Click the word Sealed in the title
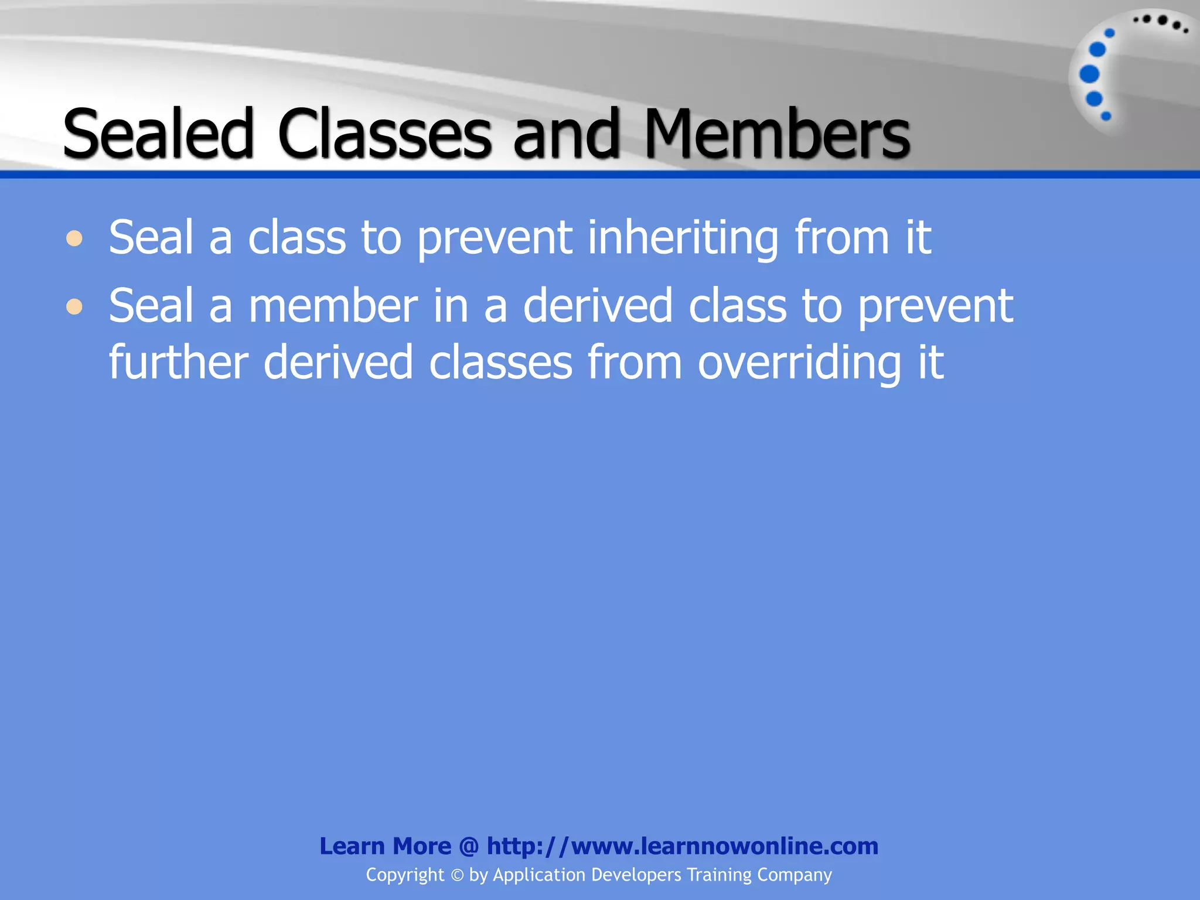pyautogui.click(x=158, y=134)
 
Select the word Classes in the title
pyautogui.click(x=384, y=134)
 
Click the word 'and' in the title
pyautogui.click(x=566, y=134)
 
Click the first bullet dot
pyautogui.click(x=74, y=238)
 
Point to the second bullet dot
pyautogui.click(x=74, y=306)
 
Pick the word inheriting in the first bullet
pyautogui.click(x=683, y=238)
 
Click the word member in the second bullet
pyautogui.click(x=333, y=306)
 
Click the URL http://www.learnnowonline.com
pyautogui.click(x=683, y=846)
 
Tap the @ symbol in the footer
pyautogui.click(x=469, y=846)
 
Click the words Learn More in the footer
pyautogui.click(x=385, y=846)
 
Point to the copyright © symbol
pyautogui.click(x=457, y=875)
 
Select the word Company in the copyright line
pyautogui.click(x=794, y=875)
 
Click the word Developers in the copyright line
pyautogui.click(x=636, y=875)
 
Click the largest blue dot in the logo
pyautogui.click(x=1089, y=74)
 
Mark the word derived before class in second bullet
pyautogui.click(x=598, y=306)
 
